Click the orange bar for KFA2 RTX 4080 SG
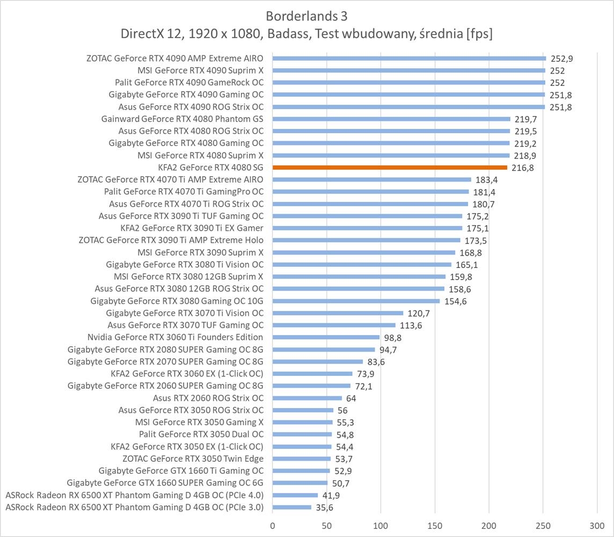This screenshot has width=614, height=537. tap(390, 168)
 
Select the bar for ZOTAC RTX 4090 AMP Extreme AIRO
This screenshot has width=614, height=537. tap(409, 58)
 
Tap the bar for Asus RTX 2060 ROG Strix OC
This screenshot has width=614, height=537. tap(307, 398)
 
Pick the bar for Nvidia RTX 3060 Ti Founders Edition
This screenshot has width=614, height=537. tap(326, 337)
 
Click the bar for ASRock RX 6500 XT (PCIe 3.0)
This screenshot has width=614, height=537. tap(292, 507)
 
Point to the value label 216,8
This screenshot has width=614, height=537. tap(522, 168)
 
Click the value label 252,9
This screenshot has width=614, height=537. tap(561, 59)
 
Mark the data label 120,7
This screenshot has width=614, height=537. tap(419, 313)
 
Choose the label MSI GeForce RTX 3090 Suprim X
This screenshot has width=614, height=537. tap(200, 252)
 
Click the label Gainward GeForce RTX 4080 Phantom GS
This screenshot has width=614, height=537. tap(182, 119)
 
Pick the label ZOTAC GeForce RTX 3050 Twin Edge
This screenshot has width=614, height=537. tap(193, 459)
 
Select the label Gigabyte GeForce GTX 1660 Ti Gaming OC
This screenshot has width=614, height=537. tap(181, 471)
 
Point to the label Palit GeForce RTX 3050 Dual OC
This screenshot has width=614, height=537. tap(201, 434)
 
